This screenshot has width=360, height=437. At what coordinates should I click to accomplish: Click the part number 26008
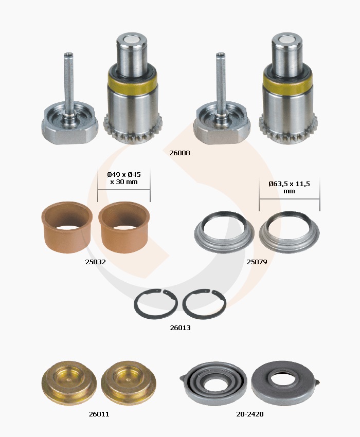[x=179, y=153]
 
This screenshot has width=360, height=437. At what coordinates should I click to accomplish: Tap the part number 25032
[x=95, y=262]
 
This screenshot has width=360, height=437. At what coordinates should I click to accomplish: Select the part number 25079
[x=257, y=262]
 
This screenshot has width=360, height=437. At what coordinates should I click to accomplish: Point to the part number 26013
[x=180, y=327]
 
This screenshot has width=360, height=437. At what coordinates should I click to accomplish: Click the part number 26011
[x=99, y=414]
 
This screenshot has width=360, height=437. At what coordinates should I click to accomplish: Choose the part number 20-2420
[x=250, y=414]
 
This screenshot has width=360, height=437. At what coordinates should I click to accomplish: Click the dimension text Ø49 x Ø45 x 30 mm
[x=124, y=178]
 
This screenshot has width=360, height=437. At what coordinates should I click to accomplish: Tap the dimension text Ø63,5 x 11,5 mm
[x=289, y=187]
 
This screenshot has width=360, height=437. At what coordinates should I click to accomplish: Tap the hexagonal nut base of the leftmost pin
[x=69, y=133]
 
